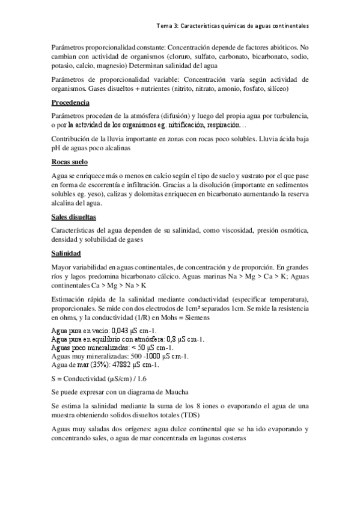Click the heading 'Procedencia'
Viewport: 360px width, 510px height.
pyautogui.click(x=70, y=102)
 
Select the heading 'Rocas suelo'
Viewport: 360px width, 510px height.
pyautogui.click(x=70, y=162)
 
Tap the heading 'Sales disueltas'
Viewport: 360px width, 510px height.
pyautogui.click(x=74, y=216)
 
